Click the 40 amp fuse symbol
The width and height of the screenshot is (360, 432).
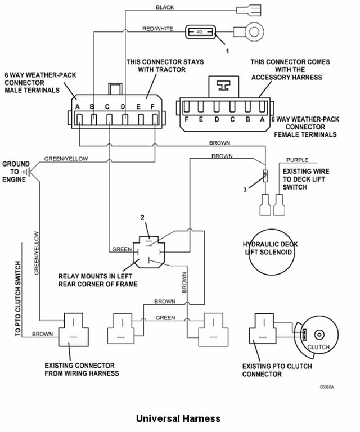coord(200,32)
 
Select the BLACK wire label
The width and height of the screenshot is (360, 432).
coord(165,7)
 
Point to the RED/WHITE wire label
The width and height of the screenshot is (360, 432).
coord(157,29)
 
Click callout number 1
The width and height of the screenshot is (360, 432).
coord(227,51)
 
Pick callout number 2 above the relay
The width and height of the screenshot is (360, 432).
coord(142,217)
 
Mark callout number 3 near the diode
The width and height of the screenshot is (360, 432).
coord(245,190)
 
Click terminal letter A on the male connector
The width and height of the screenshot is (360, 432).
coord(78,107)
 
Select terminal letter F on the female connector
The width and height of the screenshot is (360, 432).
coord(187,119)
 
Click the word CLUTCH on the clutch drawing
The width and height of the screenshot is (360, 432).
coord(318,347)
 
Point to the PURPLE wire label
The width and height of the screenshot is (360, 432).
coord(297,160)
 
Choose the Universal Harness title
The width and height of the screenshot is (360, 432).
coord(178,418)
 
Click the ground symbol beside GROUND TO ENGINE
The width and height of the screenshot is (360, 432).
coord(26,172)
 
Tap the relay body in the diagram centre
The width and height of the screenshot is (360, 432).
coord(149,252)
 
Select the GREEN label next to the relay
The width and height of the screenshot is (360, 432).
coord(121,249)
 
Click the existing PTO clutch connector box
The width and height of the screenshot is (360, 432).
coord(263,328)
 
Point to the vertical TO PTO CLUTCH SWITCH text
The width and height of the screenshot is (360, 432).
coord(18,299)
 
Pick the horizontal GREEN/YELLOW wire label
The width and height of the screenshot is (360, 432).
coord(66,159)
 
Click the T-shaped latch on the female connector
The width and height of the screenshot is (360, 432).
coord(223,85)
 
